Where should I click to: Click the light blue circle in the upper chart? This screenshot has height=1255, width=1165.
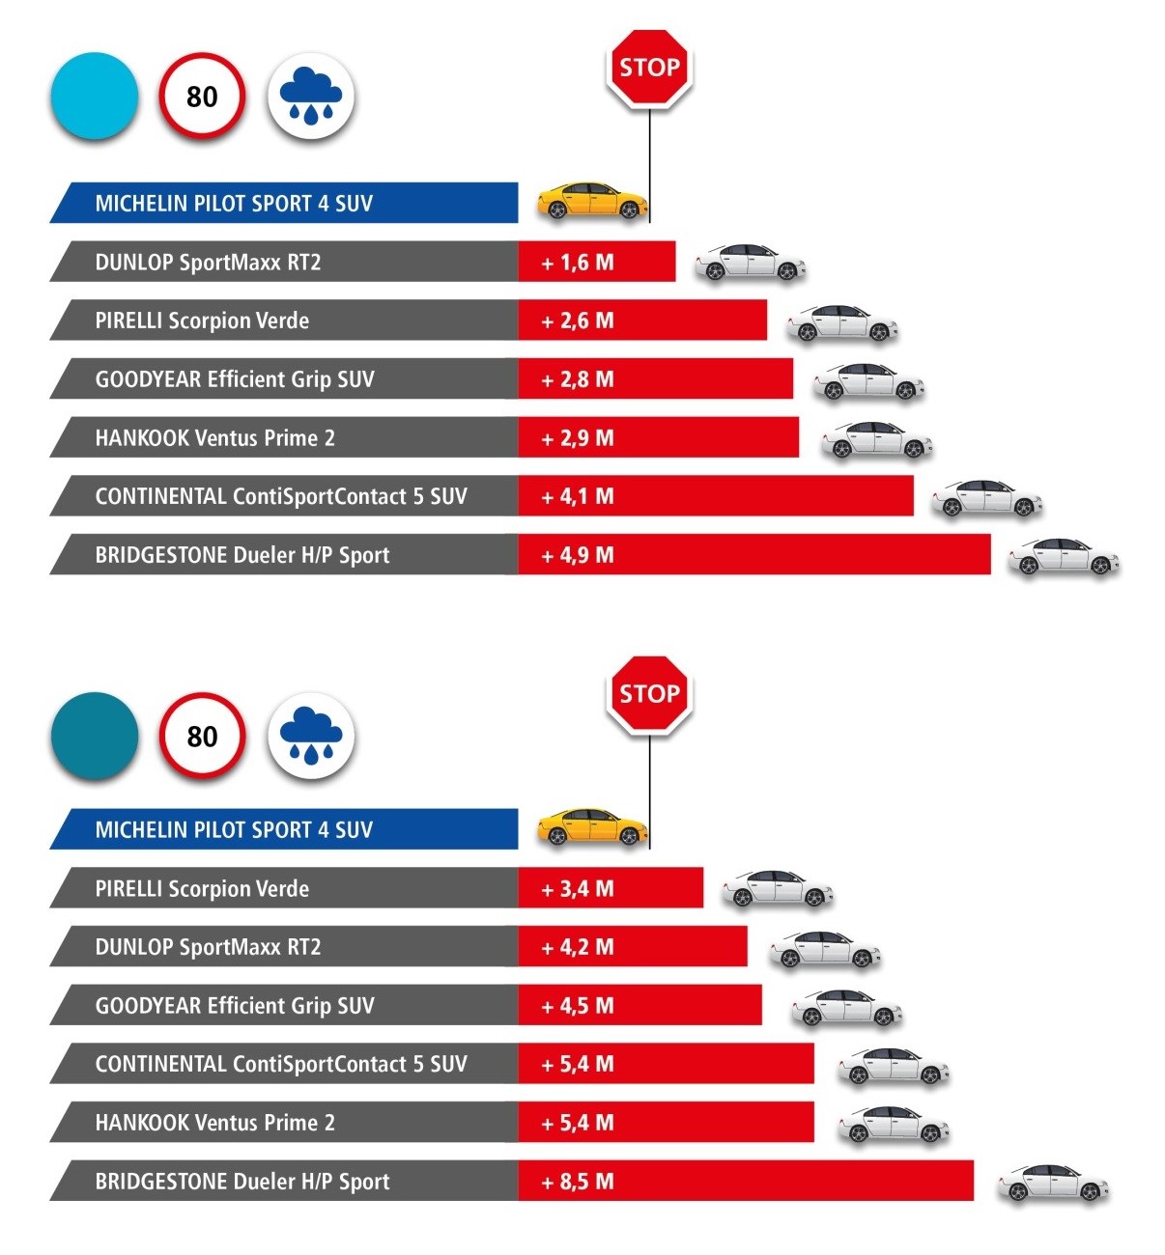tap(95, 97)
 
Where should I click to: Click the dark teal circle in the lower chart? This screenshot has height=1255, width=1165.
tap(95, 736)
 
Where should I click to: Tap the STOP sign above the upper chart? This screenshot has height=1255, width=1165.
tap(649, 68)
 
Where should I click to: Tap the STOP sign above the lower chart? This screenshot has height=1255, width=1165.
tap(649, 694)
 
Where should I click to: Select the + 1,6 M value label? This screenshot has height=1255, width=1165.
tap(578, 263)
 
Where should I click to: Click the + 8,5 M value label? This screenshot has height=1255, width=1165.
tap(578, 1182)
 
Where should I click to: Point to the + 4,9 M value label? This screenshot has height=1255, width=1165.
tap(578, 555)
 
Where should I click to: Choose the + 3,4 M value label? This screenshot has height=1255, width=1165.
tap(578, 889)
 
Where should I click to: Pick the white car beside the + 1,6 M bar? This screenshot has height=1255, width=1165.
tap(751, 263)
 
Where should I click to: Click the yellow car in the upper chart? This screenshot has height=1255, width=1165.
tap(591, 201)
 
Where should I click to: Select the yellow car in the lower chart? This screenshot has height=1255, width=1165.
tap(591, 827)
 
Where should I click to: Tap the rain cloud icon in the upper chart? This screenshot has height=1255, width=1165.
tap(310, 97)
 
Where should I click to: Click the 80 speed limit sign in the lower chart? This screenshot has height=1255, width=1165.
tap(202, 736)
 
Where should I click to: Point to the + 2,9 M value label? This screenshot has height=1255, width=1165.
tap(578, 438)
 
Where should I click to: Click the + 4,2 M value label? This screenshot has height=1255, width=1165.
tap(578, 947)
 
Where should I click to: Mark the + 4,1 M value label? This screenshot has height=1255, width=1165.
tap(578, 497)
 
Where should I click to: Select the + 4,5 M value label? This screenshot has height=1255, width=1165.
tap(578, 1006)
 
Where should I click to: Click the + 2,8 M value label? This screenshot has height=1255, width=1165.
tap(578, 379)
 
